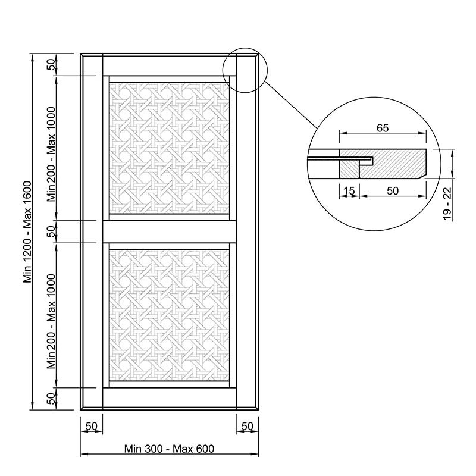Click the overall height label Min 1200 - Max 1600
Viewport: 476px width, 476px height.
click(x=28, y=232)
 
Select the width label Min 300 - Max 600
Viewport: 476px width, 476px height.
click(x=169, y=449)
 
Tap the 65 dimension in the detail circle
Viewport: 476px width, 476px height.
click(x=383, y=128)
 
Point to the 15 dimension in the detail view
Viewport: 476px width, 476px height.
click(x=349, y=191)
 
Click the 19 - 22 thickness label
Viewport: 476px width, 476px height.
click(x=447, y=203)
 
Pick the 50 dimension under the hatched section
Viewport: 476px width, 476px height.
click(x=393, y=190)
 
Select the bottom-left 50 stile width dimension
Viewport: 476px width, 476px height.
click(x=91, y=426)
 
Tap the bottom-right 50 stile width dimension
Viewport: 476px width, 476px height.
click(x=247, y=426)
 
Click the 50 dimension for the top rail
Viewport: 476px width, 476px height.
click(x=51, y=64)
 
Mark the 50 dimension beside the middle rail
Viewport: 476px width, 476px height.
click(x=51, y=231)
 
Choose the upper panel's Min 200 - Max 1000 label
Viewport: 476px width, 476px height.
click(x=51, y=154)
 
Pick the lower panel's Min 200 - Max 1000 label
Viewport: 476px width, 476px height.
click(x=51, y=321)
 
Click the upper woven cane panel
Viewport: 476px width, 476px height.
click(x=170, y=148)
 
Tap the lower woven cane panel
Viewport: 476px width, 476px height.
click(x=170, y=315)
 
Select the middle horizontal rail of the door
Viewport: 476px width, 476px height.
click(x=170, y=231)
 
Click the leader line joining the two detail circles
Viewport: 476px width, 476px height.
click(x=290, y=105)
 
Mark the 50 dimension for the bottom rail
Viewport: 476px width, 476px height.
click(x=51, y=398)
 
